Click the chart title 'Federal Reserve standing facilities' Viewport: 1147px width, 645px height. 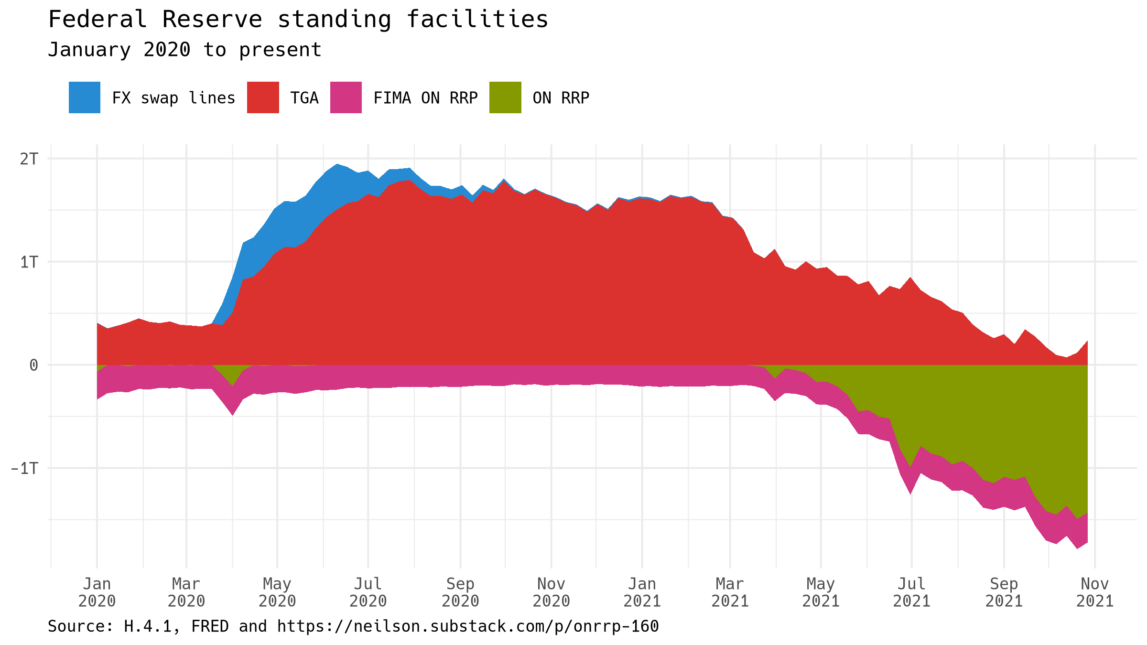click(x=298, y=20)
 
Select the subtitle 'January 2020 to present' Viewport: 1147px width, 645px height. click(x=184, y=50)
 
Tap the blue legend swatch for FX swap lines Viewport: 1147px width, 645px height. click(x=85, y=97)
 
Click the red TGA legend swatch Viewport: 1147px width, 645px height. click(x=263, y=97)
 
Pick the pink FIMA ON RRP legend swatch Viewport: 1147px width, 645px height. click(x=346, y=97)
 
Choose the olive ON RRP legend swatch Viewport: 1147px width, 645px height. click(x=505, y=97)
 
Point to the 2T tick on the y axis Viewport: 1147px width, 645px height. click(x=29, y=159)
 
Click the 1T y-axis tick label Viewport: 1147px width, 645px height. click(x=29, y=262)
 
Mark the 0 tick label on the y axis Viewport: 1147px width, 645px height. click(x=33, y=365)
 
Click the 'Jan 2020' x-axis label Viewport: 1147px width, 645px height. click(x=97, y=592)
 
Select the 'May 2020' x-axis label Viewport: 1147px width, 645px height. click(x=277, y=592)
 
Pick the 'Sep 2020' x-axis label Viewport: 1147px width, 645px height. click(x=460, y=592)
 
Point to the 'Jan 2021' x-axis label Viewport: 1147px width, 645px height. click(x=642, y=592)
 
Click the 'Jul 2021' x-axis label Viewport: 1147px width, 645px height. click(x=911, y=592)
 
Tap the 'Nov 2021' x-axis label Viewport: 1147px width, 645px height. click(x=1095, y=592)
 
